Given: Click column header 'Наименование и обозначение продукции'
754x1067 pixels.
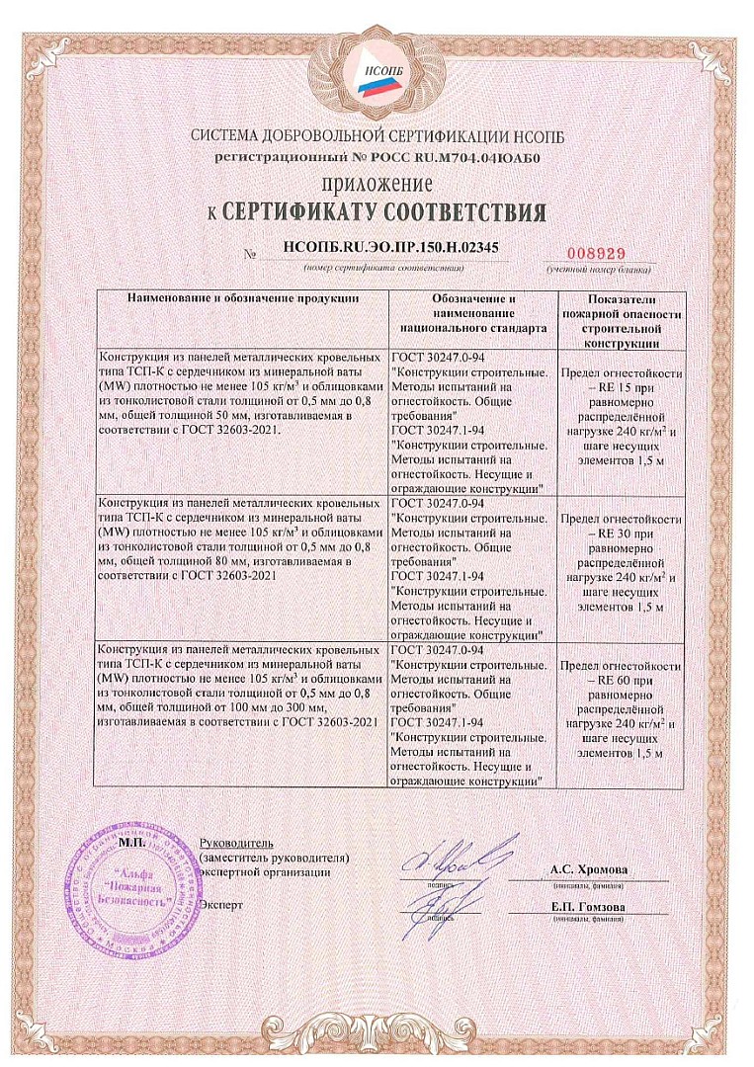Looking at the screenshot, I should tap(243, 296).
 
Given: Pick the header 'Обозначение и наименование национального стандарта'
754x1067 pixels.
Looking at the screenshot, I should tap(473, 310).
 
